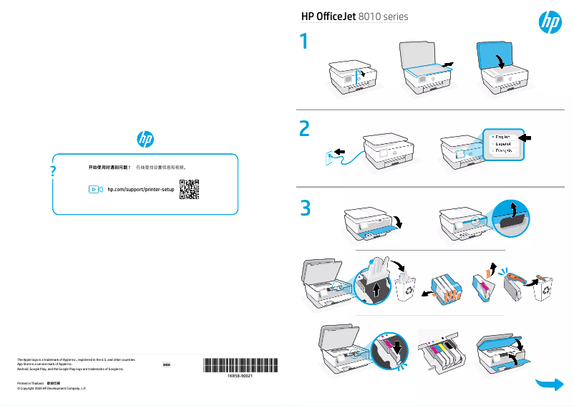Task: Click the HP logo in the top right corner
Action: point(549,23)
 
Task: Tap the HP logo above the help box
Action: point(145,138)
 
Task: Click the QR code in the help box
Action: point(189,189)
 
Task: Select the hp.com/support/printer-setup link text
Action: point(140,189)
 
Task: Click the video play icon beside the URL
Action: point(94,189)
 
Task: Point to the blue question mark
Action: point(53,172)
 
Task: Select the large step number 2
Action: point(306,129)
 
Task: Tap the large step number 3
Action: point(306,208)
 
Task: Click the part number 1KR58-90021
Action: point(239,375)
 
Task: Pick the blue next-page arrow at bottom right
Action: point(549,385)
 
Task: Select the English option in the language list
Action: point(502,136)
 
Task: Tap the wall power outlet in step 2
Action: point(331,155)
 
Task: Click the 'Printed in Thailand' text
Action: point(30,383)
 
